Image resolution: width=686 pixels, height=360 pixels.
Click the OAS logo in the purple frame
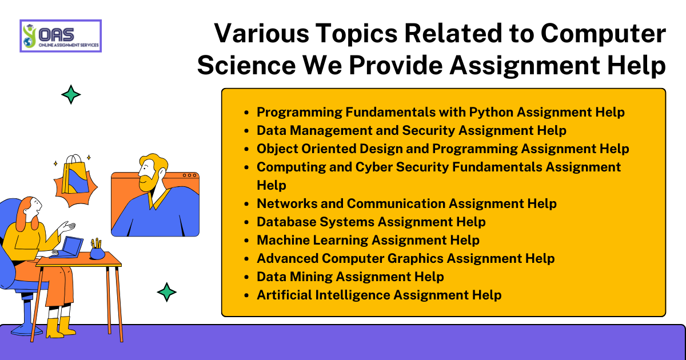click(x=61, y=36)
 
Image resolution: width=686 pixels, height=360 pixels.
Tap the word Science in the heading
click(x=246, y=65)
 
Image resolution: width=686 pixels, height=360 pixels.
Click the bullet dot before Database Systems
click(x=247, y=222)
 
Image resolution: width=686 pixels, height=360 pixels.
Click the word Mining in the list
click(x=311, y=277)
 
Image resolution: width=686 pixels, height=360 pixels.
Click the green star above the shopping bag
click(x=71, y=95)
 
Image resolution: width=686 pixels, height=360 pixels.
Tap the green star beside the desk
click(x=166, y=292)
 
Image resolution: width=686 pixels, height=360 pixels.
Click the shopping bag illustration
click(x=75, y=175)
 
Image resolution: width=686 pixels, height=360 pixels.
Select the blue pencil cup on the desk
click(x=97, y=253)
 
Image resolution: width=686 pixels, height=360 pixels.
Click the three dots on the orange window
click(x=190, y=175)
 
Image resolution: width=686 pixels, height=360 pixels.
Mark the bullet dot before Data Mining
click(x=247, y=277)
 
